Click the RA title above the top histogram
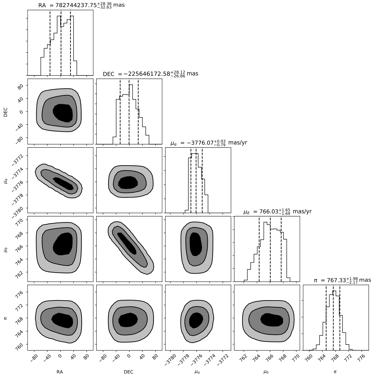[x=81, y=5]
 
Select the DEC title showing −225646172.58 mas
[x=151, y=74]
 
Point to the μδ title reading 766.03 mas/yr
[x=278, y=211]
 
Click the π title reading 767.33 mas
[x=342, y=280]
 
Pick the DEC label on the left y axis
[x=5, y=112]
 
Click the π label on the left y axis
[x=5, y=318]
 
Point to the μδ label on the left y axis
[x=6, y=249]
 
